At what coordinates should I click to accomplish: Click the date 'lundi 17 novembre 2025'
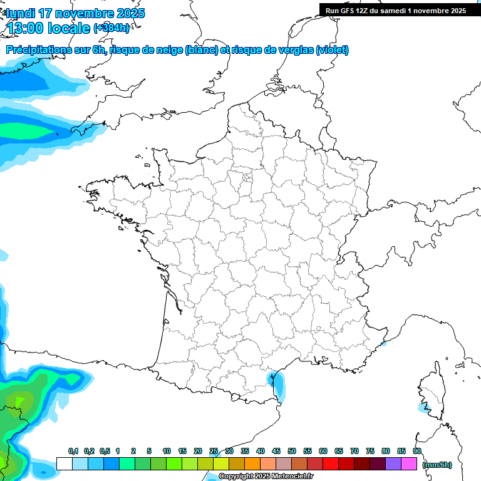click(75, 13)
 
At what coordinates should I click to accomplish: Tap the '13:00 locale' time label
click(49, 28)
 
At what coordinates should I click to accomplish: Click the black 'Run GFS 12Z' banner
click(395, 10)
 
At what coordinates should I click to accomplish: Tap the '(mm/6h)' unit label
click(437, 465)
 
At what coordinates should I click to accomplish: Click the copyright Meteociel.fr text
click(266, 477)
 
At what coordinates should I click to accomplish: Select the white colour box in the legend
click(64, 464)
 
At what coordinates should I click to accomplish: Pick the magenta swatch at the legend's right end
click(409, 464)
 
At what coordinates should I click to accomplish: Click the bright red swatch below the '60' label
click(331, 464)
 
